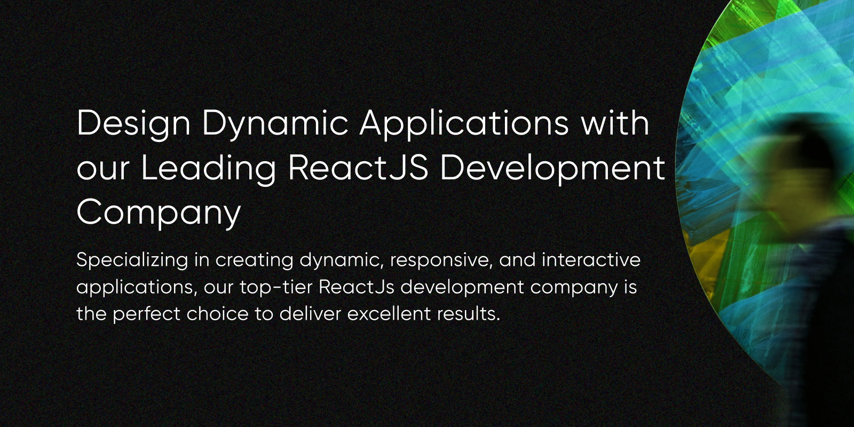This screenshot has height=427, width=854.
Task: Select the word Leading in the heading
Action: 208,169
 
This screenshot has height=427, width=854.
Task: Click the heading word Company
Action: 159,213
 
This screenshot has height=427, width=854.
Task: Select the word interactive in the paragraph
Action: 591,260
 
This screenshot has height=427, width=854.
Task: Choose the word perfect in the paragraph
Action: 146,314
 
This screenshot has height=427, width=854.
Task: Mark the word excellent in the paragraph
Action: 389,314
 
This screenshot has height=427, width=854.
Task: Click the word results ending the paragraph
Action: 468,314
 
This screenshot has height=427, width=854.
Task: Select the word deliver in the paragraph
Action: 310,314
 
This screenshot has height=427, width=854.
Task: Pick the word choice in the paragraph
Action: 217,314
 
